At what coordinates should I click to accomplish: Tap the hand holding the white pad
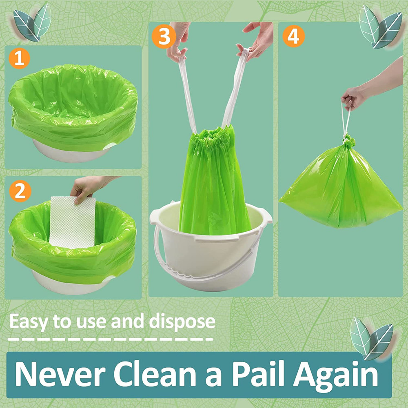click(88, 188)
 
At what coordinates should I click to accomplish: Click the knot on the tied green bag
click(348, 142)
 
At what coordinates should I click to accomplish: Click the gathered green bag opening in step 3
click(215, 133)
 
